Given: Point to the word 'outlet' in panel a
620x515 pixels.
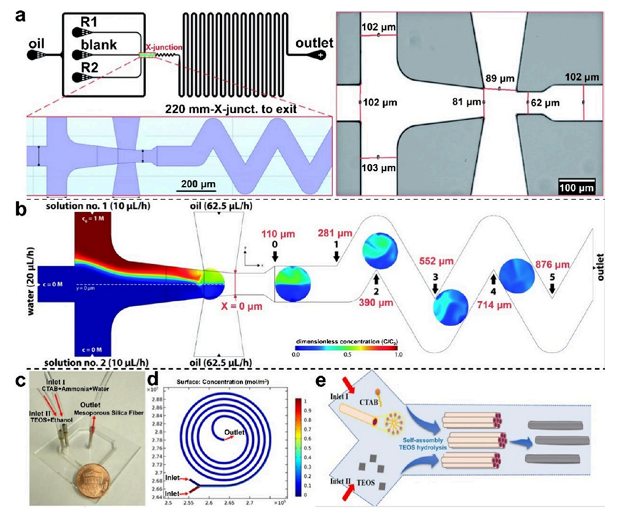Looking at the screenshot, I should pos(314,44).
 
